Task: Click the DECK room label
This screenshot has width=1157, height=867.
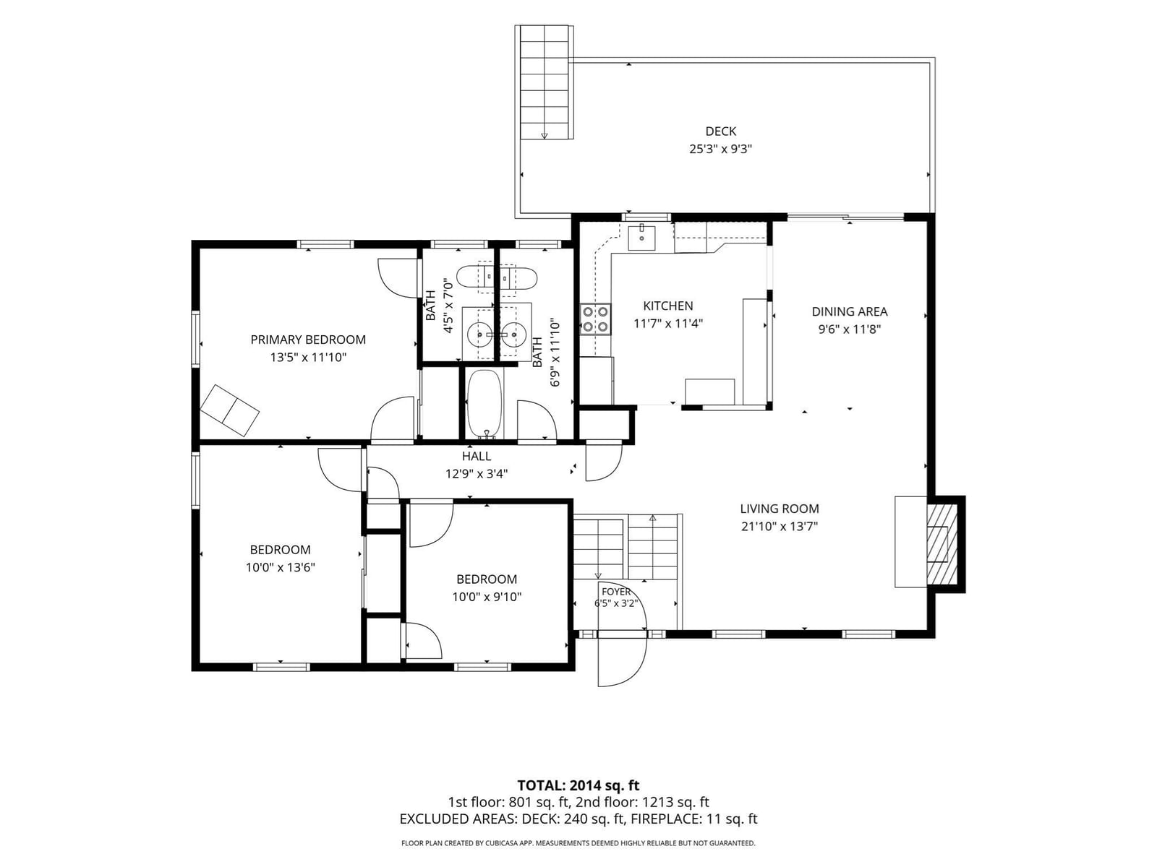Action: pyautogui.click(x=720, y=131)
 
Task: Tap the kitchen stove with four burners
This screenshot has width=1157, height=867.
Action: pyautogui.click(x=596, y=319)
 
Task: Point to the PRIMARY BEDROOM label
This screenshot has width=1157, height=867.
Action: pyautogui.click(x=308, y=340)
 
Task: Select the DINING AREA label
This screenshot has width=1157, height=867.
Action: pyautogui.click(x=849, y=311)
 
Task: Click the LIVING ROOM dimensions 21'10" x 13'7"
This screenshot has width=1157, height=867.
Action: pyautogui.click(x=779, y=527)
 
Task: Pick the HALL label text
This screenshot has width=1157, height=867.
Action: pyautogui.click(x=477, y=456)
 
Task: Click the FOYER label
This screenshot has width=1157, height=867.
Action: pyautogui.click(x=616, y=592)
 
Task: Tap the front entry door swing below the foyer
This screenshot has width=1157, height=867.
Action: pyautogui.click(x=623, y=660)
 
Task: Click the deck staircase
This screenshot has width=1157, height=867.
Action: pyautogui.click(x=545, y=82)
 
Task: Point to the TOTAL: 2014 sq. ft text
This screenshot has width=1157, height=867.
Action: pyautogui.click(x=578, y=786)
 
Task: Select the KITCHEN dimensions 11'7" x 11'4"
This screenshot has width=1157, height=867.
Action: pyautogui.click(x=668, y=323)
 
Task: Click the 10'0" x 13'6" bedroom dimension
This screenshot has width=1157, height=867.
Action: pyautogui.click(x=280, y=567)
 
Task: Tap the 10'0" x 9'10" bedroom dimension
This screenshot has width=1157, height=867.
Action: pyautogui.click(x=487, y=597)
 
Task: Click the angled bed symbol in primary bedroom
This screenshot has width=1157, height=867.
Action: pyautogui.click(x=230, y=410)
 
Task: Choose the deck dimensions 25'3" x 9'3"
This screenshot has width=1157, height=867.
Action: pyautogui.click(x=720, y=149)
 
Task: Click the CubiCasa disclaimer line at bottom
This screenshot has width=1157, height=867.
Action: pyautogui.click(x=578, y=843)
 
